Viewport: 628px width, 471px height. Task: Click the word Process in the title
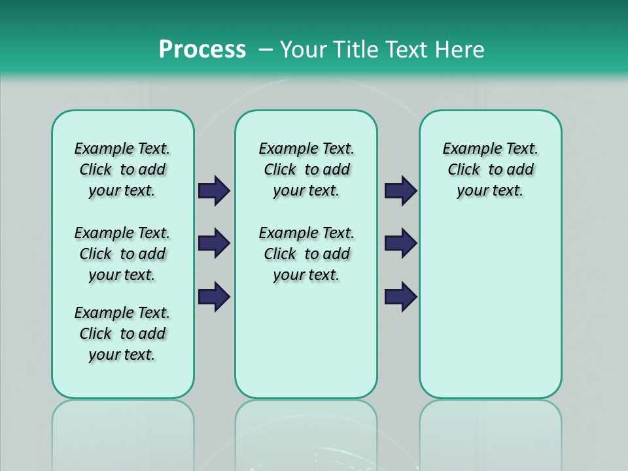point(202,50)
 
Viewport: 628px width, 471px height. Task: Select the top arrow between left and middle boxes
point(214,191)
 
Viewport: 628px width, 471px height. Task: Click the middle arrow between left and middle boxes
point(214,243)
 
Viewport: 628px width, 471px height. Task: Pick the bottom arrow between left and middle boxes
point(214,296)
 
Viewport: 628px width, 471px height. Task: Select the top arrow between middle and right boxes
point(400,191)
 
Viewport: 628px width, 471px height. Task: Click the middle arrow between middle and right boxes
point(400,243)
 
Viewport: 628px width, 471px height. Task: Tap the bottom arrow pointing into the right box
point(400,296)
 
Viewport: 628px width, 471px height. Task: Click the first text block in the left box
point(122,169)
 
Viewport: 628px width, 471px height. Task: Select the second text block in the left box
point(122,254)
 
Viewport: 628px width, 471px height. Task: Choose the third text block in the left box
point(122,334)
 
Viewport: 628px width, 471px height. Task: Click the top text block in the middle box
point(306,169)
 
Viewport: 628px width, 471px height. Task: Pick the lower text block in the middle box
point(306,254)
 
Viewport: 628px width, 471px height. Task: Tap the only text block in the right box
point(490,169)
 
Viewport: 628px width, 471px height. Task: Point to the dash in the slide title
point(266,50)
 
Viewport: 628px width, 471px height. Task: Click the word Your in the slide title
point(303,50)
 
